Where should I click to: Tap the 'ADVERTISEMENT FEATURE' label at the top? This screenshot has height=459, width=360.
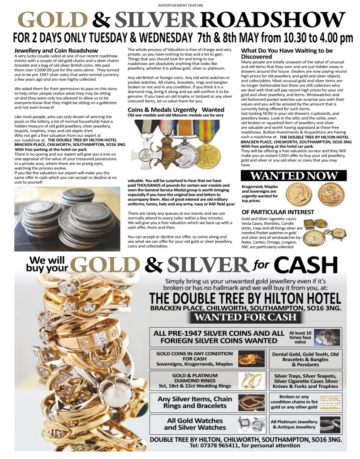coord(180,5)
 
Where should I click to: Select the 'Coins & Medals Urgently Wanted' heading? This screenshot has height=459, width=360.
coord(176,109)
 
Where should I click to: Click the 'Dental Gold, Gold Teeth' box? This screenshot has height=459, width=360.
coord(305,359)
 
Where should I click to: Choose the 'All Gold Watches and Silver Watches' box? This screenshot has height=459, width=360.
coord(195,424)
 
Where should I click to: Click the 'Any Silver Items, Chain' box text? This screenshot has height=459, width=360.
coord(195,402)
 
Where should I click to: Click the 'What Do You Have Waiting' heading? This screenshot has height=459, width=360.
coord(287,53)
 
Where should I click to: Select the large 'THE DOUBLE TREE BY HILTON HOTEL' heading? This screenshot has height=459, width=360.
coord(245,299)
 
